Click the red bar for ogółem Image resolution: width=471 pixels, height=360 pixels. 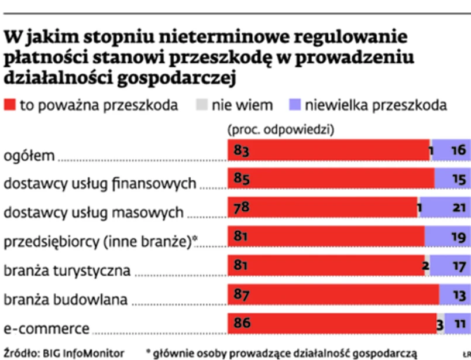[328, 151]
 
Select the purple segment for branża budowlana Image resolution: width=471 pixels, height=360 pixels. [455, 294]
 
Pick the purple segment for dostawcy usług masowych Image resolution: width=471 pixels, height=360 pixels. [445, 208]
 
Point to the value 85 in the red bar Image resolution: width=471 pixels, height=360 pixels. [242, 180]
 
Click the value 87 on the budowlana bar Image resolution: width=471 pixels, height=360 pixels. [242, 294]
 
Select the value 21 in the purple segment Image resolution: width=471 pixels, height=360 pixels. [458, 208]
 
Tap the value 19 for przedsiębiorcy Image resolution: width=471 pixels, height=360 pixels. [458, 237]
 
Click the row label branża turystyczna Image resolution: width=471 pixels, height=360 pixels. [67, 272]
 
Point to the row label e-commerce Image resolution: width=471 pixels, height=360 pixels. [47, 328]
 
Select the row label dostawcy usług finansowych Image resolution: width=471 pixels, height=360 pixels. [99, 184]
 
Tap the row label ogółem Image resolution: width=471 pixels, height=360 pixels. [29, 156]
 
